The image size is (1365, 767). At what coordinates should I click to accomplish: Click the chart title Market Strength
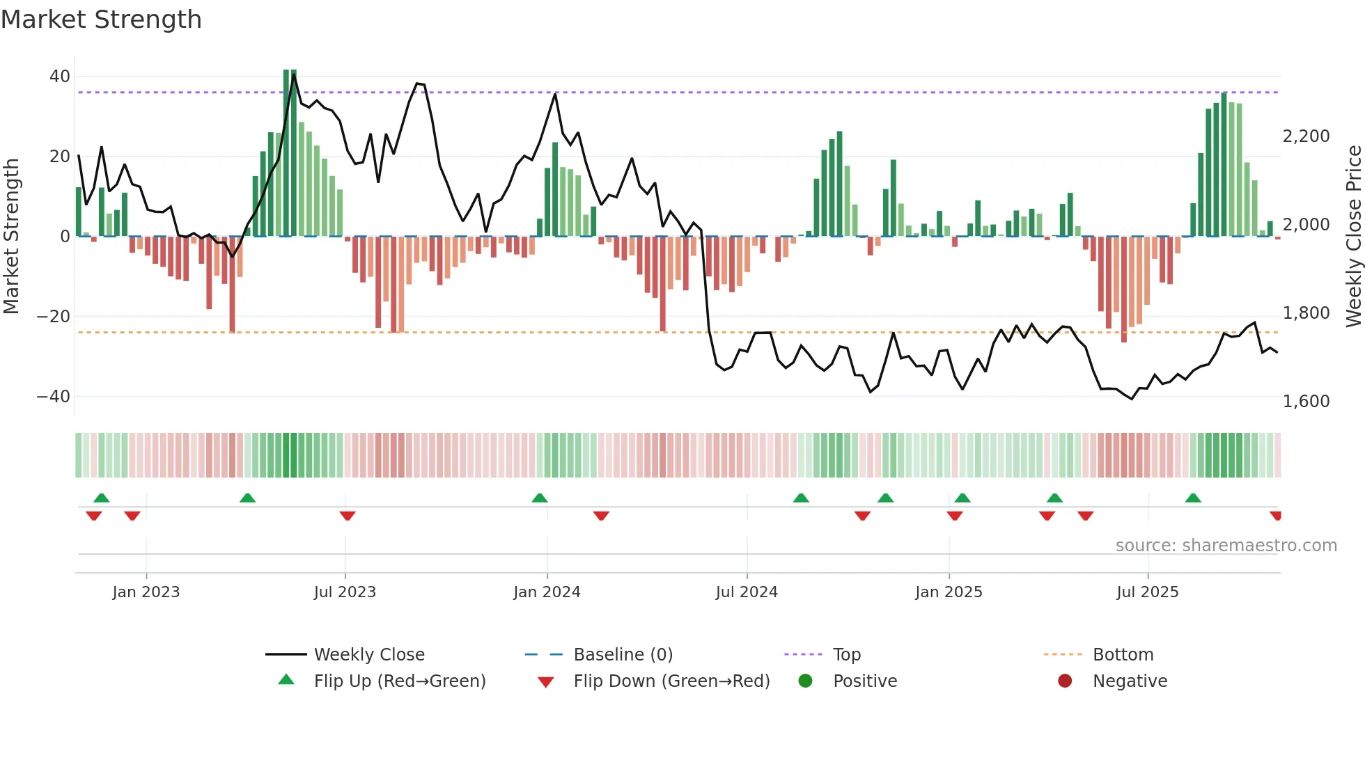click(101, 19)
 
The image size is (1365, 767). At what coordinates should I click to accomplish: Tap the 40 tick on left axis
click(60, 77)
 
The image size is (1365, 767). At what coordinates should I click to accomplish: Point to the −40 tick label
click(54, 397)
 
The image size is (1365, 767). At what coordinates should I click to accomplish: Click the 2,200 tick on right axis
click(1306, 136)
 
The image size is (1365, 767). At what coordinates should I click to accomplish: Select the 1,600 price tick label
click(1306, 402)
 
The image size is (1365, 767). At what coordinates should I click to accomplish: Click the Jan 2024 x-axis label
click(547, 592)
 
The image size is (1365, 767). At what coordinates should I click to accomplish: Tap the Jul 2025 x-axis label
click(1147, 592)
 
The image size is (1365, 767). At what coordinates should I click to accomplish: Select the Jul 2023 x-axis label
click(345, 592)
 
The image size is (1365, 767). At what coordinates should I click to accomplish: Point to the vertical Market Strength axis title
click(12, 237)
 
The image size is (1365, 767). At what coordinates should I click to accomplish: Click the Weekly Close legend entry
click(368, 655)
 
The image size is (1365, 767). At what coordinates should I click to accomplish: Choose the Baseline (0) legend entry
click(623, 655)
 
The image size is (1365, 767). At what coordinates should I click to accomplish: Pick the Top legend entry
click(846, 655)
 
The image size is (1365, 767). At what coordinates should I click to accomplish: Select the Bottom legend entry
click(1123, 655)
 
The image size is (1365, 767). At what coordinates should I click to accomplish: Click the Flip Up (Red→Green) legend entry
click(399, 681)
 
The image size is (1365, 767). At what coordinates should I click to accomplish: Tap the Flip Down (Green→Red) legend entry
click(671, 681)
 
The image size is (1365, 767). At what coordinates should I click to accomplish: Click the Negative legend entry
click(1129, 681)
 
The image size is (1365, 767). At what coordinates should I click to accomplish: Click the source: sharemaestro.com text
click(1226, 546)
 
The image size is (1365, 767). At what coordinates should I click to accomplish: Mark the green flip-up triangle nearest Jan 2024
click(540, 498)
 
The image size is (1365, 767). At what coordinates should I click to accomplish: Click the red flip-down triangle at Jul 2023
click(348, 516)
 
